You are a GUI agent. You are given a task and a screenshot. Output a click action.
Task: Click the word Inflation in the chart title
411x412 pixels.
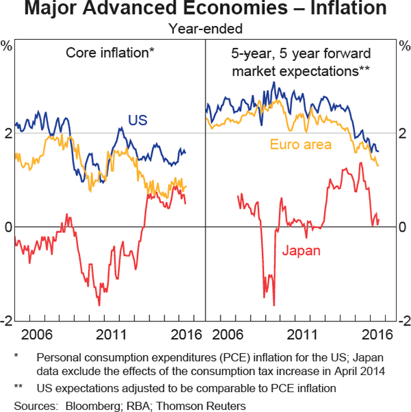pyautogui.click(x=347, y=10)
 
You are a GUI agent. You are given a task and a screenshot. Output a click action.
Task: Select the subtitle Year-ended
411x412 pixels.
pyautogui.click(x=206, y=29)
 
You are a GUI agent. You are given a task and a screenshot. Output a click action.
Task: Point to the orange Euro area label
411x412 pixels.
pyautogui.click(x=301, y=144)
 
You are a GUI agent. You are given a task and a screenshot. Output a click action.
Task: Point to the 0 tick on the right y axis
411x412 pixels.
pyautogui.click(x=403, y=228)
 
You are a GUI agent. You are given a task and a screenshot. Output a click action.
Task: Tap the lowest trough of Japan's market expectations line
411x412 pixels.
pyautogui.click(x=274, y=306)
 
